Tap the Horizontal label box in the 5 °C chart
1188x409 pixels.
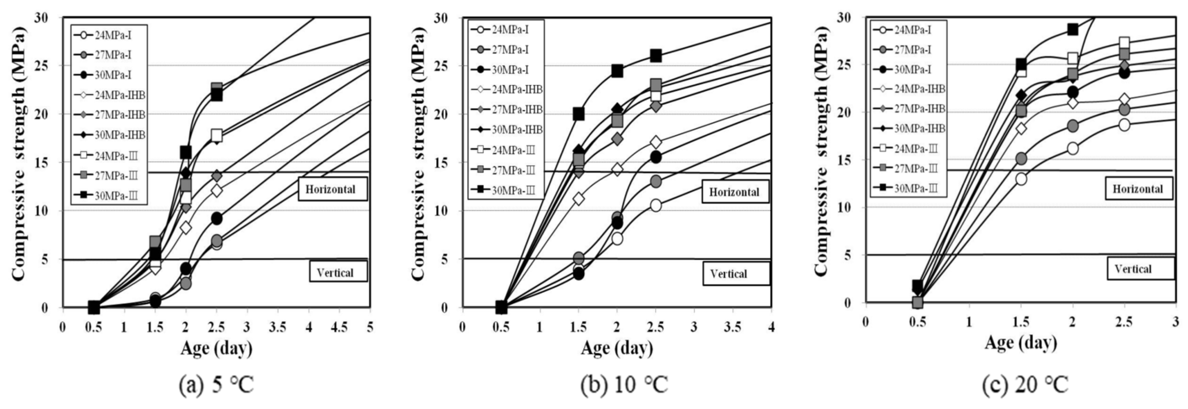(332, 189)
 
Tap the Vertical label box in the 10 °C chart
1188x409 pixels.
(736, 274)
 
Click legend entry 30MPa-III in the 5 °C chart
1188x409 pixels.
(111, 196)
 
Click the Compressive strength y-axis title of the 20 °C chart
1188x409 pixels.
(821, 152)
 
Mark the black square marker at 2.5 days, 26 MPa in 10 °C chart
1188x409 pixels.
(655, 56)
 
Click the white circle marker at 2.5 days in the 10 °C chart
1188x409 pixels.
(655, 206)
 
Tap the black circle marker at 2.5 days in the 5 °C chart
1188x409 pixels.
(216, 218)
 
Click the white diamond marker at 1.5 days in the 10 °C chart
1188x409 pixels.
(578, 198)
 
